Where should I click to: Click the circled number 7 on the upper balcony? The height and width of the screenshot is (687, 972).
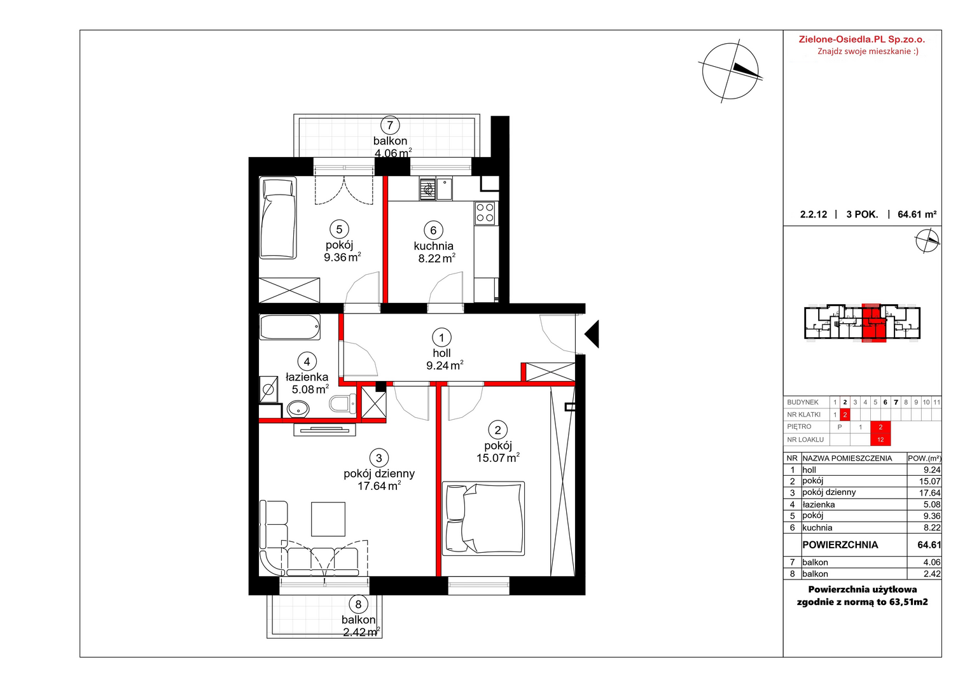(x=390, y=125)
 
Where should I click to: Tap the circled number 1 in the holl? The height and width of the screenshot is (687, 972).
(x=441, y=337)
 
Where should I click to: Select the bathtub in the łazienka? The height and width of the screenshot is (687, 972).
(x=290, y=327)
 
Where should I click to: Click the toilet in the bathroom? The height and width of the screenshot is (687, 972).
(x=343, y=404)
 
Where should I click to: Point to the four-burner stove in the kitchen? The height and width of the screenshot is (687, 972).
(x=485, y=213)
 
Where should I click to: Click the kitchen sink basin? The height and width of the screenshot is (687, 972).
(x=445, y=189)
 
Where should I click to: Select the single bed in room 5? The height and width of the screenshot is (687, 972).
(x=278, y=218)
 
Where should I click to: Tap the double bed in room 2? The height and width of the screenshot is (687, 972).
(x=483, y=518)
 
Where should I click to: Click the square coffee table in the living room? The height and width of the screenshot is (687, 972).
(x=328, y=519)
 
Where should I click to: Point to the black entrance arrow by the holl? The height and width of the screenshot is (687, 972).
(x=592, y=334)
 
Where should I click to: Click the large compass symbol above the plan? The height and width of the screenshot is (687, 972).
(x=730, y=71)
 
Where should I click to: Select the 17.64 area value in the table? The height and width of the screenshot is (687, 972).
(x=929, y=493)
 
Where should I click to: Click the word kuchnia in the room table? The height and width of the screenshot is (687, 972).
(x=817, y=528)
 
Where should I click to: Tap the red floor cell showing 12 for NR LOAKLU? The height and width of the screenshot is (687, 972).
(x=880, y=440)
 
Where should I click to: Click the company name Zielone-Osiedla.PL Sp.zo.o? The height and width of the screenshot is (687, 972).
(x=862, y=39)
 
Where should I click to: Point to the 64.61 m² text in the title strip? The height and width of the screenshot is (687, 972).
(x=917, y=214)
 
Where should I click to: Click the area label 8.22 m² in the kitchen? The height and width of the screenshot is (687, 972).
(x=436, y=259)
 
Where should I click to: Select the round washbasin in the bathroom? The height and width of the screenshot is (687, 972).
(x=298, y=409)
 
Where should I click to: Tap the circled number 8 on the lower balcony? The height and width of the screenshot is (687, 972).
(x=358, y=604)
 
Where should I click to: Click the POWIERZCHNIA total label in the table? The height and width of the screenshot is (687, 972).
(x=840, y=545)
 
